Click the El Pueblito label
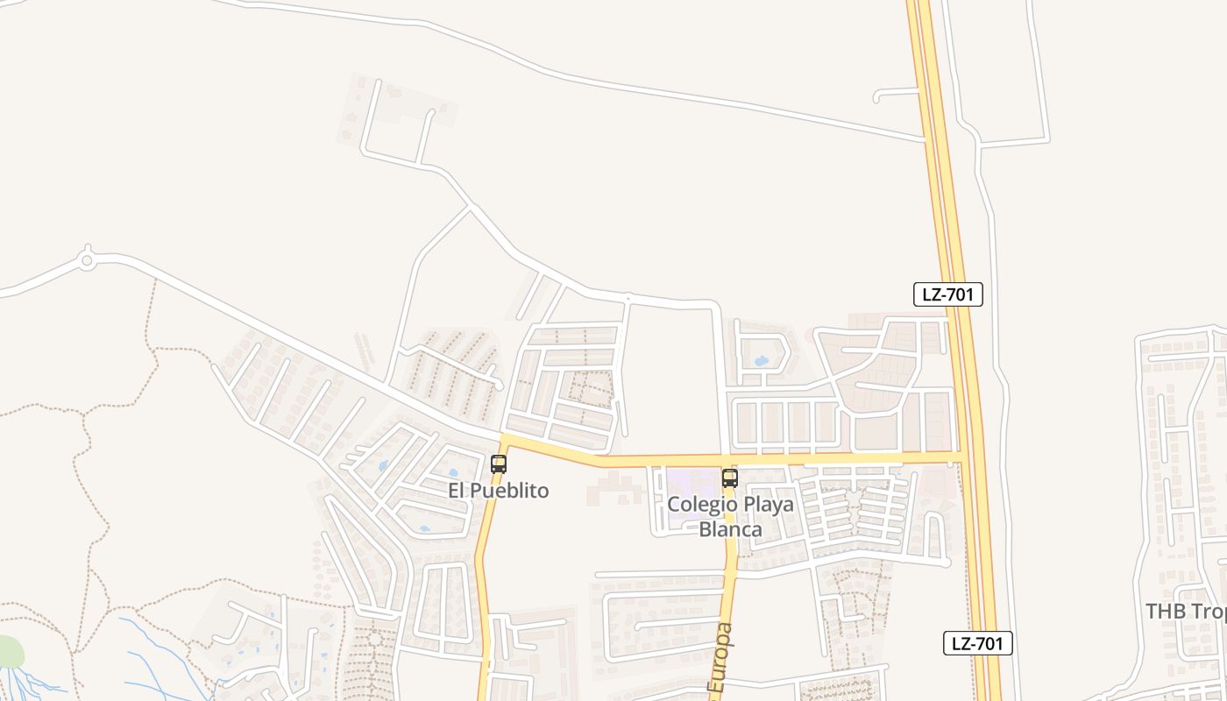point(499,491)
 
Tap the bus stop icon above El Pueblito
point(499,464)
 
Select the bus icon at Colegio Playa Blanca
point(729,478)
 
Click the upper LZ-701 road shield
point(947,294)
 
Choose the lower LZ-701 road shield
point(977,643)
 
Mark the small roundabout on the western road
point(87,259)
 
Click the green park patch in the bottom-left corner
point(8,652)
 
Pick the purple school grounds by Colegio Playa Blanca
point(692,484)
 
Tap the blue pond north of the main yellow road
point(761,361)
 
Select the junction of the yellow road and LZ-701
point(961,457)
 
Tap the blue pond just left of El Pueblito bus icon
point(453,474)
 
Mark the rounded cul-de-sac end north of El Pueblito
point(498,384)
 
